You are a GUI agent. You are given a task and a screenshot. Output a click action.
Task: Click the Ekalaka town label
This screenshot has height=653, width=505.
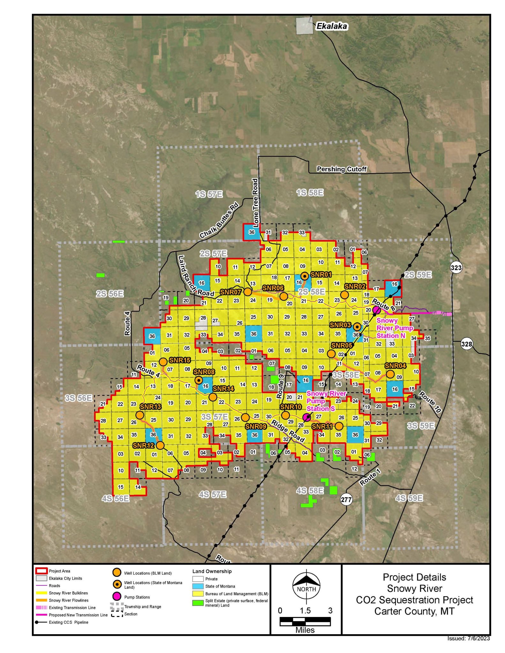(331, 26)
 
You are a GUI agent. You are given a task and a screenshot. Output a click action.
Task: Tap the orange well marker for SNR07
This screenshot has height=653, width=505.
(248, 291)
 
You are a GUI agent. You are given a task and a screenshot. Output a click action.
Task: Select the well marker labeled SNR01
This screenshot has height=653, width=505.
(305, 276)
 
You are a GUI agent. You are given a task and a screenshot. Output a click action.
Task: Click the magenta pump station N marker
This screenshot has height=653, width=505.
(376, 310)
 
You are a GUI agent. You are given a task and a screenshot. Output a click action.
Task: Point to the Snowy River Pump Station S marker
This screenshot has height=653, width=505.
(307, 417)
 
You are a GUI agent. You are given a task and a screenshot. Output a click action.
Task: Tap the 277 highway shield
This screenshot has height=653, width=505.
(346, 499)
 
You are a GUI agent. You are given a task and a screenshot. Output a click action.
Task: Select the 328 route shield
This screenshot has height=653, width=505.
(466, 344)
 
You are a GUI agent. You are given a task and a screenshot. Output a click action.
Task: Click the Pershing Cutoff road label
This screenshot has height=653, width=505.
(341, 169)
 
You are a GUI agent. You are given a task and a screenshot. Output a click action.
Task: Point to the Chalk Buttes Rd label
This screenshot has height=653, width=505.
(219, 220)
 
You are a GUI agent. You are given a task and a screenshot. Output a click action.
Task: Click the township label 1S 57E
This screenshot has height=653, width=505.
(209, 194)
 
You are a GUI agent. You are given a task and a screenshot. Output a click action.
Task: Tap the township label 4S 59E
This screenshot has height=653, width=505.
(409, 498)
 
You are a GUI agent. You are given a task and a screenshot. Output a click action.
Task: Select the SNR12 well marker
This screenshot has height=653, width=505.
(160, 445)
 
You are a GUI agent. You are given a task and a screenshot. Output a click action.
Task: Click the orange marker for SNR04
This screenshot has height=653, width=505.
(390, 374)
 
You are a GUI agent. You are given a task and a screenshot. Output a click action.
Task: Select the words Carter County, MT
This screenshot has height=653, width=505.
(414, 611)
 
